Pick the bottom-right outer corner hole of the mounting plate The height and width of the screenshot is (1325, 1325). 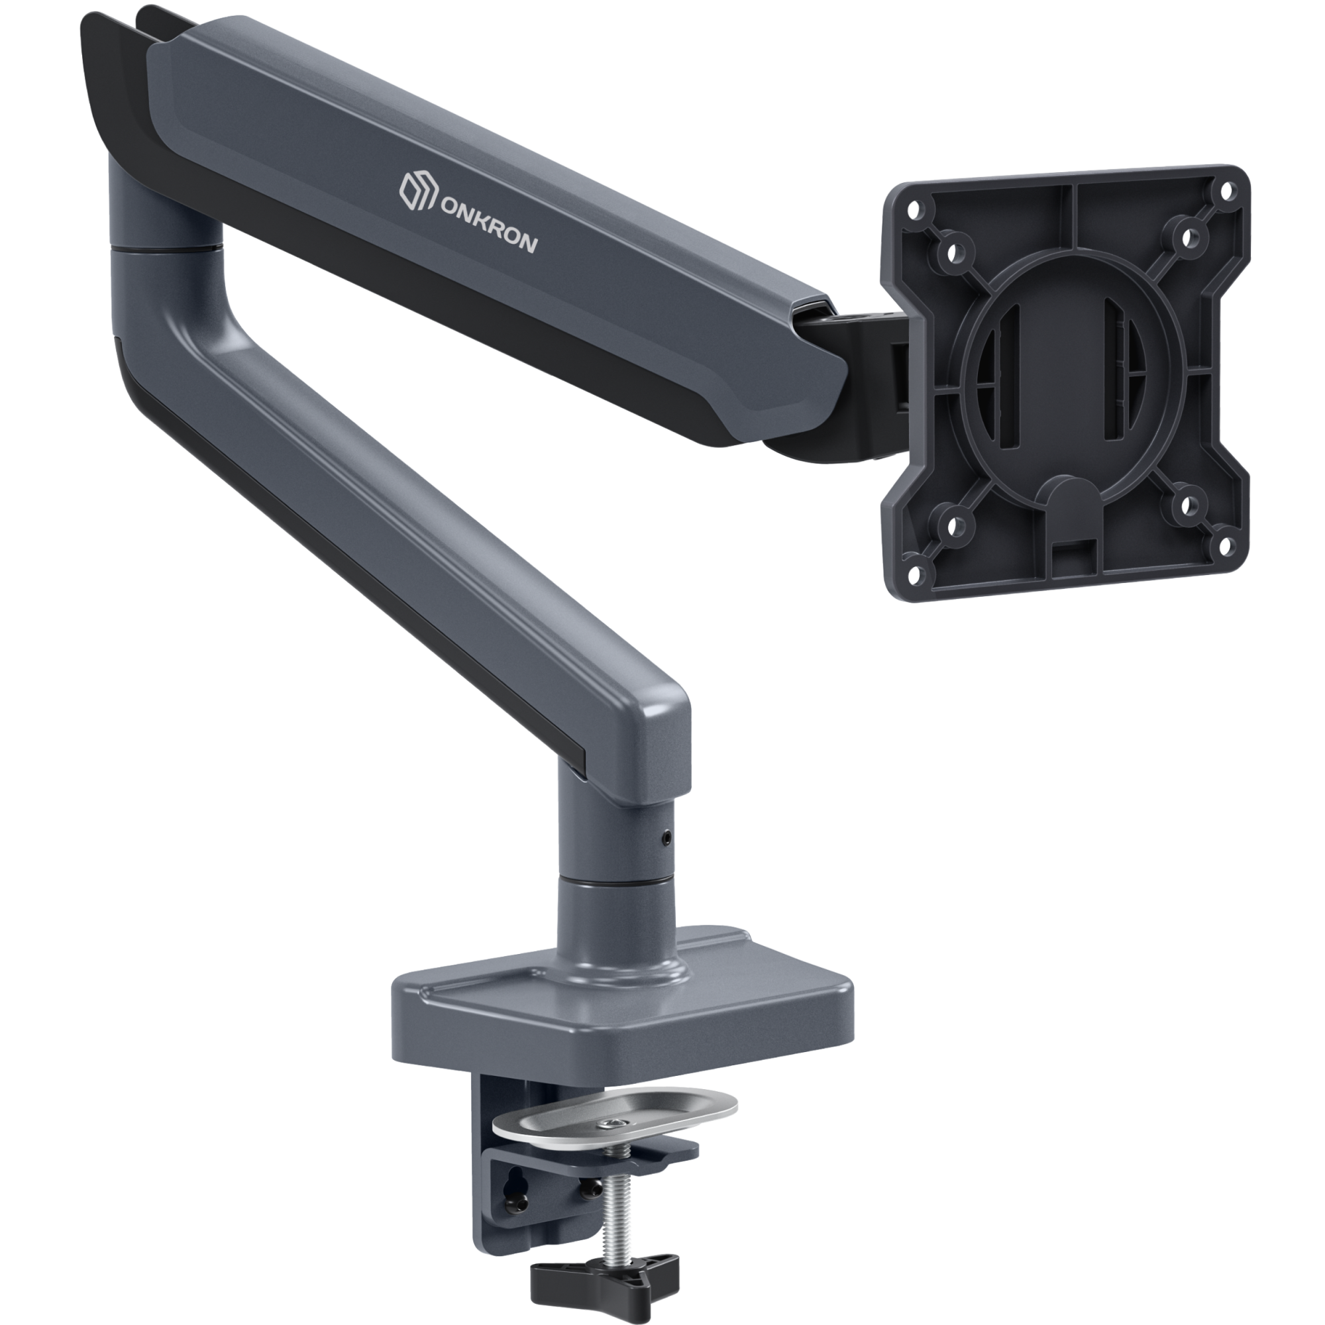point(1224,547)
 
